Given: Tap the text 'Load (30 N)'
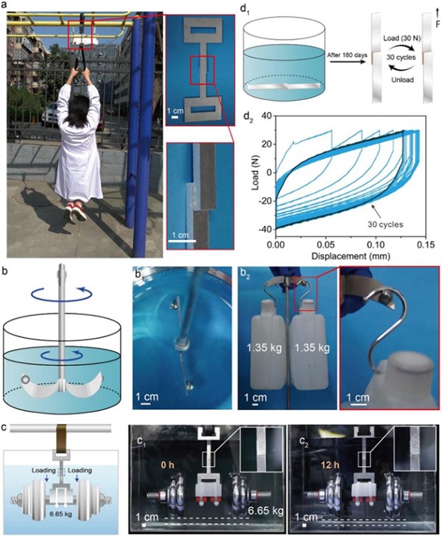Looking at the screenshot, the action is tap(402, 38).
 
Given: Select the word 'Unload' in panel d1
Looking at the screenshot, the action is tap(402, 80).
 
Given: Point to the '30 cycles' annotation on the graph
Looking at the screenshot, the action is tap(385, 225).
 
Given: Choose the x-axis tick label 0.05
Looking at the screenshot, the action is tap(326, 244).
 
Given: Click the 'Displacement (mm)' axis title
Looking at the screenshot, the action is tap(351, 255).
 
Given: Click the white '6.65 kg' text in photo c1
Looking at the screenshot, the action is tap(266, 511).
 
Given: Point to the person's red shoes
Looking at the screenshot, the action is tap(74, 211).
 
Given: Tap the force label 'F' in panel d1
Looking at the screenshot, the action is tap(438, 24).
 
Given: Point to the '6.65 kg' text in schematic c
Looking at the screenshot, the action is tap(61, 513).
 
